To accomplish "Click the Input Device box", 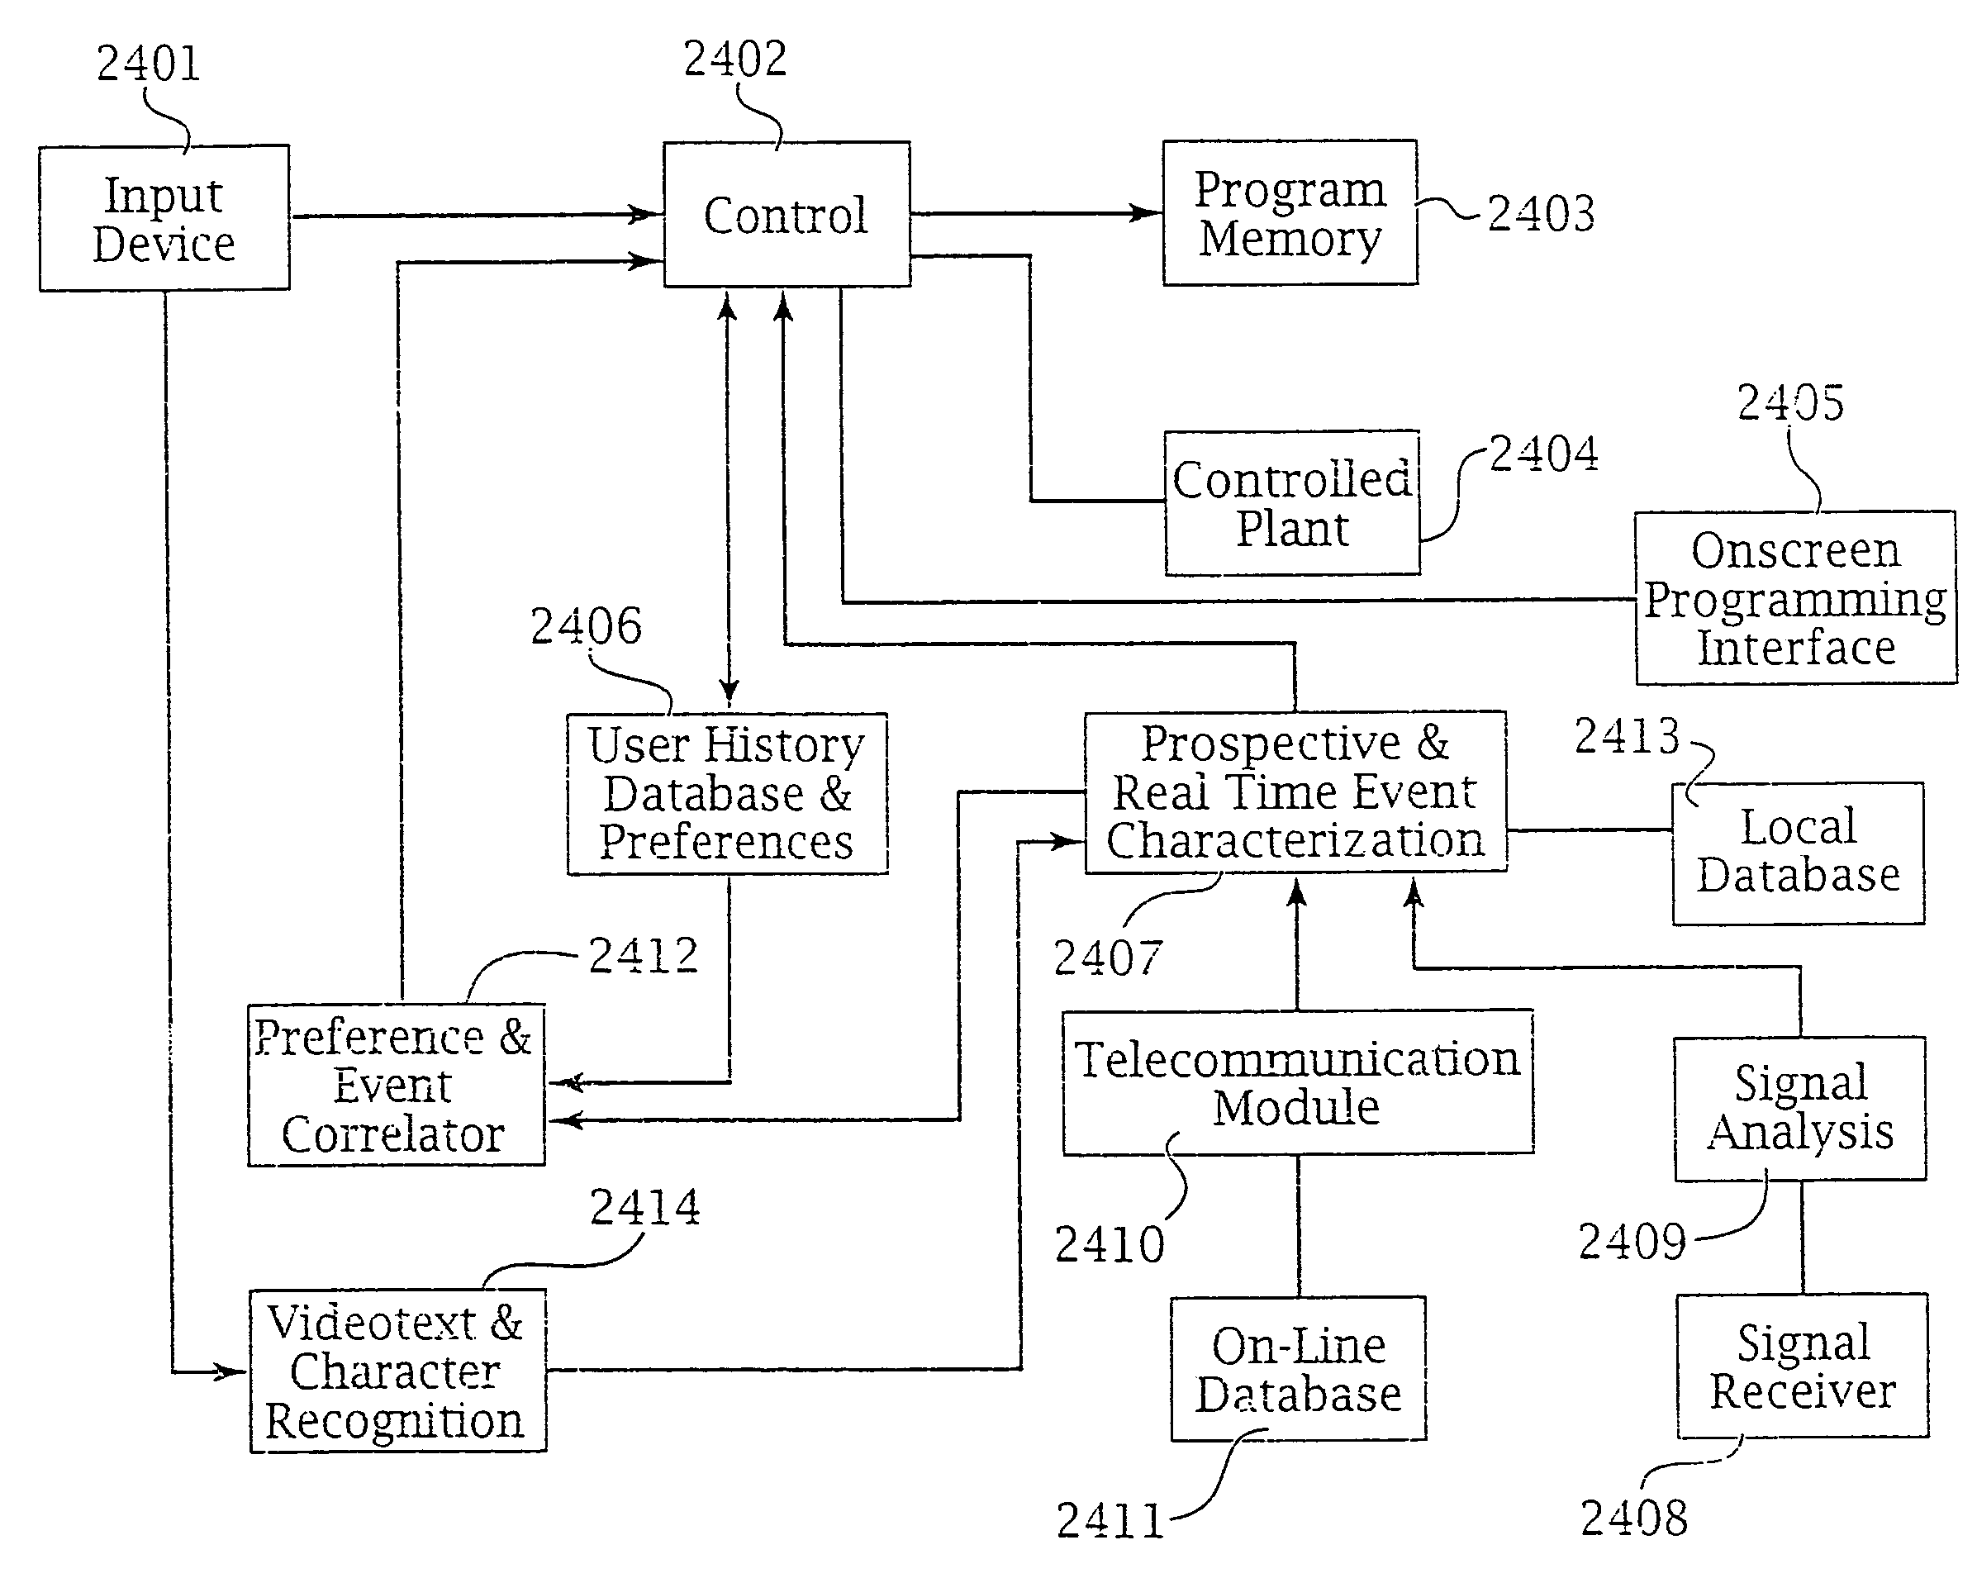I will (164, 218).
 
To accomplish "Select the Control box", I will (786, 215).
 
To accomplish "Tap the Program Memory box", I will (1290, 212).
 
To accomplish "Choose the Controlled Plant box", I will (1292, 503).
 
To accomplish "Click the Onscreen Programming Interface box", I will (1794, 598).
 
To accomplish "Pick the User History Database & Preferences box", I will (727, 793).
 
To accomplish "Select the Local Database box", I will (1797, 853).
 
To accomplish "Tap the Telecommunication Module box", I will (1296, 1082).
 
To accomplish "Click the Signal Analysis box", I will (1799, 1108).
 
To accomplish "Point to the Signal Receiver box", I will (1802, 1366).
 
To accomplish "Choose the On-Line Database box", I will (1298, 1369).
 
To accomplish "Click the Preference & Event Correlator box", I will (395, 1086).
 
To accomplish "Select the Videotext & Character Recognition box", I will (397, 1371).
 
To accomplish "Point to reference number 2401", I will (148, 64).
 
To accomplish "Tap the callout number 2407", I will (1108, 958).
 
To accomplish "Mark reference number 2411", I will (1110, 1520).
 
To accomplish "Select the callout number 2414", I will (644, 1207).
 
